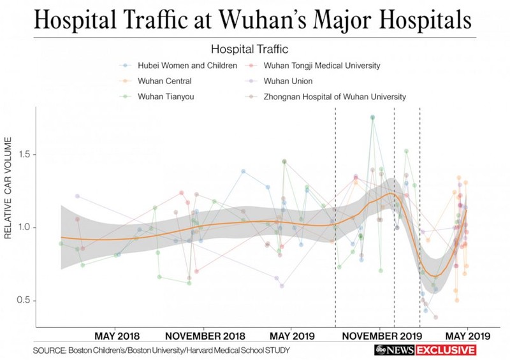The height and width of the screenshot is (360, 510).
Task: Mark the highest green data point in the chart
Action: tap(372, 117)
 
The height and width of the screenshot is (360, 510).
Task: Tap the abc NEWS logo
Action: tap(393, 350)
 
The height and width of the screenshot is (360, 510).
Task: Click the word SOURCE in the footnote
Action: tap(50, 350)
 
